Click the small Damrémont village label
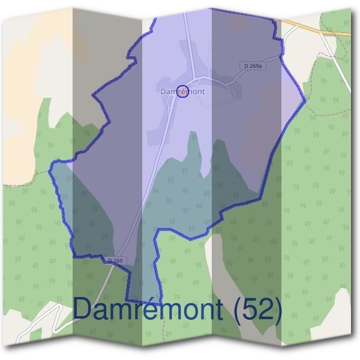[x=183, y=92]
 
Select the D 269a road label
[x=253, y=65]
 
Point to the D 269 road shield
[x=116, y=260]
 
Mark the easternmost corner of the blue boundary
[x=306, y=100]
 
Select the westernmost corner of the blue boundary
[x=50, y=163]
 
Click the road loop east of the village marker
[x=217, y=95]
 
